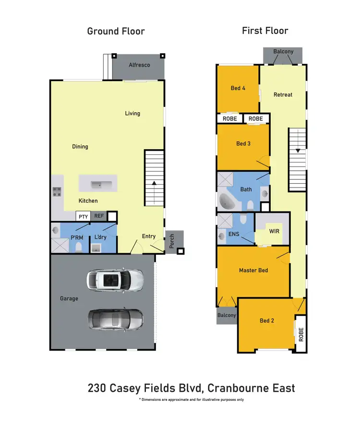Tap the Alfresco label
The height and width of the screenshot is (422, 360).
coord(139,65)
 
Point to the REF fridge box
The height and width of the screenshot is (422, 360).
coord(98,217)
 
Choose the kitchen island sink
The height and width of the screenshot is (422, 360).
coord(98,184)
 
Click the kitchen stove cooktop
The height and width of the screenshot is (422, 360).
coord(57,192)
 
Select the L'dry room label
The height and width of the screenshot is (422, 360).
coord(100,237)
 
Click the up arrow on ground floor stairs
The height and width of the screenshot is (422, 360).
coord(154,183)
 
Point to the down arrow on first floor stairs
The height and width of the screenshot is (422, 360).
coord(298,151)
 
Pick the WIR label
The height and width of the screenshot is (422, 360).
coord(274,231)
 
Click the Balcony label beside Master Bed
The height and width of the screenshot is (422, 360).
coord(227,316)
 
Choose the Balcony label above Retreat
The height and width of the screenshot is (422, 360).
coord(283,52)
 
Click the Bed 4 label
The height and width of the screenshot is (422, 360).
coord(239,88)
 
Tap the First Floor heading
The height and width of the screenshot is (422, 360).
coord(265,31)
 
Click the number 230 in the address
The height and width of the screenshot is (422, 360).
coord(98,388)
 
